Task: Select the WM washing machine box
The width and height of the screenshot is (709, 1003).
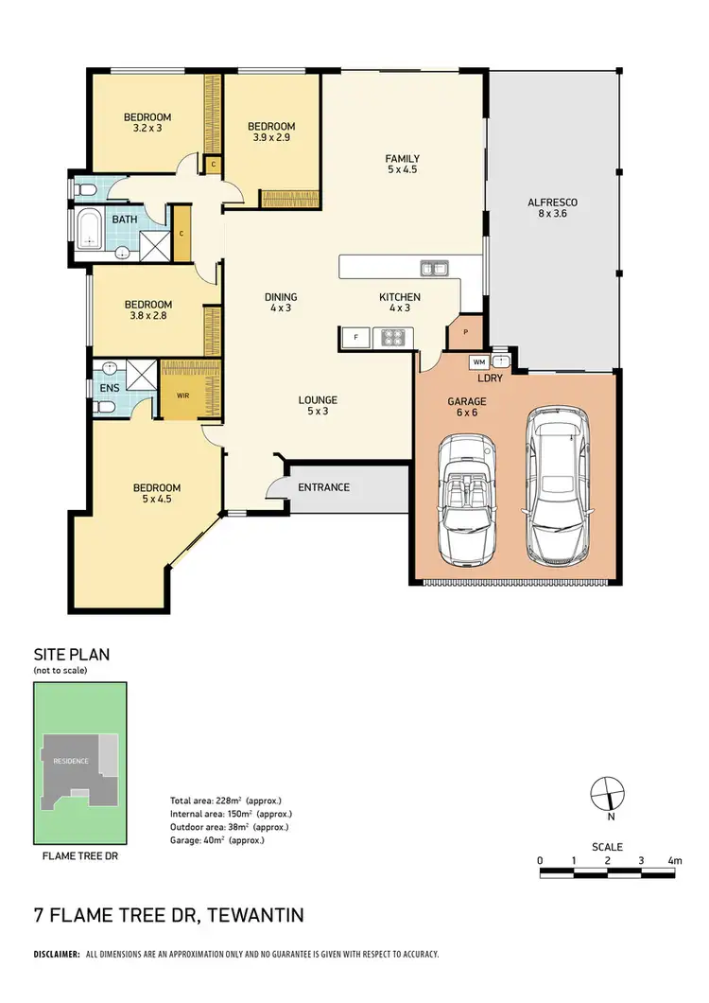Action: (x=478, y=361)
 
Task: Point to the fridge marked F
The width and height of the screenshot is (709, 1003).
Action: (x=355, y=337)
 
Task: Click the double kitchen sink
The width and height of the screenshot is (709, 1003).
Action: (x=435, y=268)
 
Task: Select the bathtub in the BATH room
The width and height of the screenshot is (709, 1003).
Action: (x=91, y=229)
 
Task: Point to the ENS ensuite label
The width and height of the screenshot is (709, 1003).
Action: (x=109, y=388)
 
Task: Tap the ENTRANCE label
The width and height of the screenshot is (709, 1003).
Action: (x=324, y=488)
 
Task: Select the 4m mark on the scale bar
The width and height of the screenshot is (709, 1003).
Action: (x=673, y=861)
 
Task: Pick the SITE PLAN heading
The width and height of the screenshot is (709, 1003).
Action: (x=72, y=655)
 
